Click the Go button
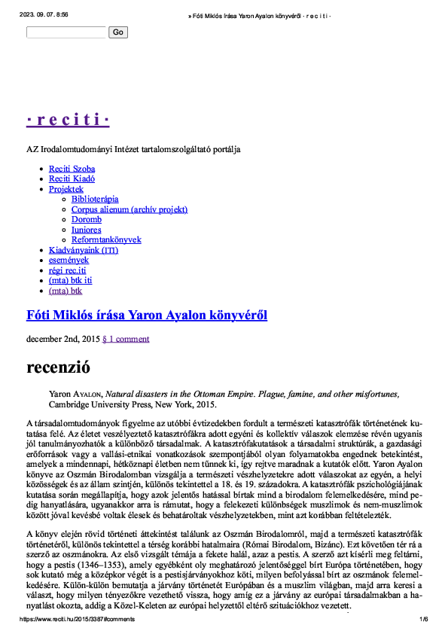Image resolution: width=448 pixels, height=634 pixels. click(118, 32)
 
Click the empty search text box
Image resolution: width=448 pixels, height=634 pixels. click(67, 32)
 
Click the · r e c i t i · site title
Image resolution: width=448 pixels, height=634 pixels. click(68, 120)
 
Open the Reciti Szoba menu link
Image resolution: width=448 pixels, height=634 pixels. click(72, 169)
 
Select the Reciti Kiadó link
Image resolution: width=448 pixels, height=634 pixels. click(72, 179)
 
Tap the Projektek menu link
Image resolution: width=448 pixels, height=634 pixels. click(66, 190)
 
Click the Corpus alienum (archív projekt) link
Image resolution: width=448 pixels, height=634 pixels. click(130, 209)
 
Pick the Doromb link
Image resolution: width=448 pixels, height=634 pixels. click(87, 220)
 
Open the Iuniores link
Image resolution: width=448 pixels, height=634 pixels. click(86, 230)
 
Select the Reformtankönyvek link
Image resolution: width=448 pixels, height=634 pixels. click(106, 239)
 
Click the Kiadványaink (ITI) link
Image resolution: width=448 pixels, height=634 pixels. click(84, 250)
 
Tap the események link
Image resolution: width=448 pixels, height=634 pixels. click(69, 260)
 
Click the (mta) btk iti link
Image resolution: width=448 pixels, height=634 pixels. click(71, 280)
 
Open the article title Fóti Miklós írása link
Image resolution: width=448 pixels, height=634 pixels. click(147, 314)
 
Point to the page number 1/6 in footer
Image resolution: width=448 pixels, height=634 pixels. click(423, 619)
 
